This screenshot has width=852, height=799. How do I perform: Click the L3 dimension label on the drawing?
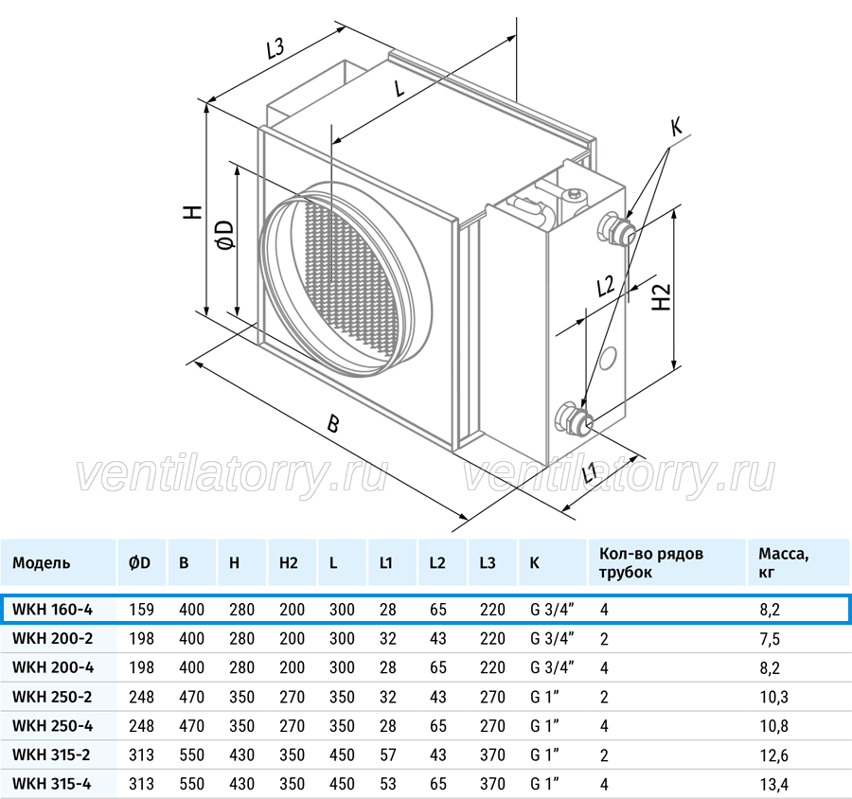275,49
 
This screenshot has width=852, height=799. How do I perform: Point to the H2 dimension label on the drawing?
662,297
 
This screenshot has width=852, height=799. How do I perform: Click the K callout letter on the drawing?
676,128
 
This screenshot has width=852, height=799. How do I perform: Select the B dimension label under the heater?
332,423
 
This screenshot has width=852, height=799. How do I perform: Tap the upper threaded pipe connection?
616,230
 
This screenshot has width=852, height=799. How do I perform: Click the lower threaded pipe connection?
574,418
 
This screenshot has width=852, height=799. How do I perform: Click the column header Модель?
42,562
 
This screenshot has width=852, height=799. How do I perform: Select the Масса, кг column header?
783,562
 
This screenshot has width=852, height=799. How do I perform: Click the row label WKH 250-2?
52,696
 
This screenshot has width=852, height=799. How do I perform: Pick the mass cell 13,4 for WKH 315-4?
773,784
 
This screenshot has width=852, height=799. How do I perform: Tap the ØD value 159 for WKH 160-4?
141,610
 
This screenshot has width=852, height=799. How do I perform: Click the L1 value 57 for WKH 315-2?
388,755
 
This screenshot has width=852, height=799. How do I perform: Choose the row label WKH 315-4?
52,784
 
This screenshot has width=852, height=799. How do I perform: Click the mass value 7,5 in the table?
770,639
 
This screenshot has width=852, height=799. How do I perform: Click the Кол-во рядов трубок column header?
651,562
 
